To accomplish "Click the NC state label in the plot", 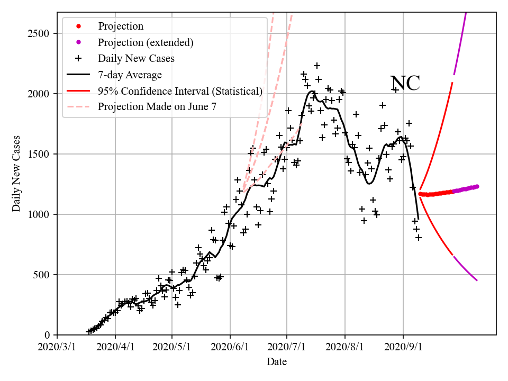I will click(x=405, y=84).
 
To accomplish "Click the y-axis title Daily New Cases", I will click(x=16, y=174).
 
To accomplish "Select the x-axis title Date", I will click(x=277, y=362).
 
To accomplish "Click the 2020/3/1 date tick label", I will click(x=57, y=348).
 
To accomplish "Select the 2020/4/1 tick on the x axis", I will click(x=115, y=348).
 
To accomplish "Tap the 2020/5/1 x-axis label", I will click(x=172, y=348).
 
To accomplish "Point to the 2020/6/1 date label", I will click(x=230, y=348).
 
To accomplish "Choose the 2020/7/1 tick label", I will click(x=287, y=348).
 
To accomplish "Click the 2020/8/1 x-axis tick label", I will click(x=345, y=348).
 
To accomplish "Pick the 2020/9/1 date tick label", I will click(x=403, y=348).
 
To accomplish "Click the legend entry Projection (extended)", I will click(x=146, y=42).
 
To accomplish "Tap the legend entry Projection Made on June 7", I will click(x=157, y=107).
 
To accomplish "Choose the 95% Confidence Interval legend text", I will click(x=180, y=91).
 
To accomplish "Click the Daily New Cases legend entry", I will click(x=136, y=58).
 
